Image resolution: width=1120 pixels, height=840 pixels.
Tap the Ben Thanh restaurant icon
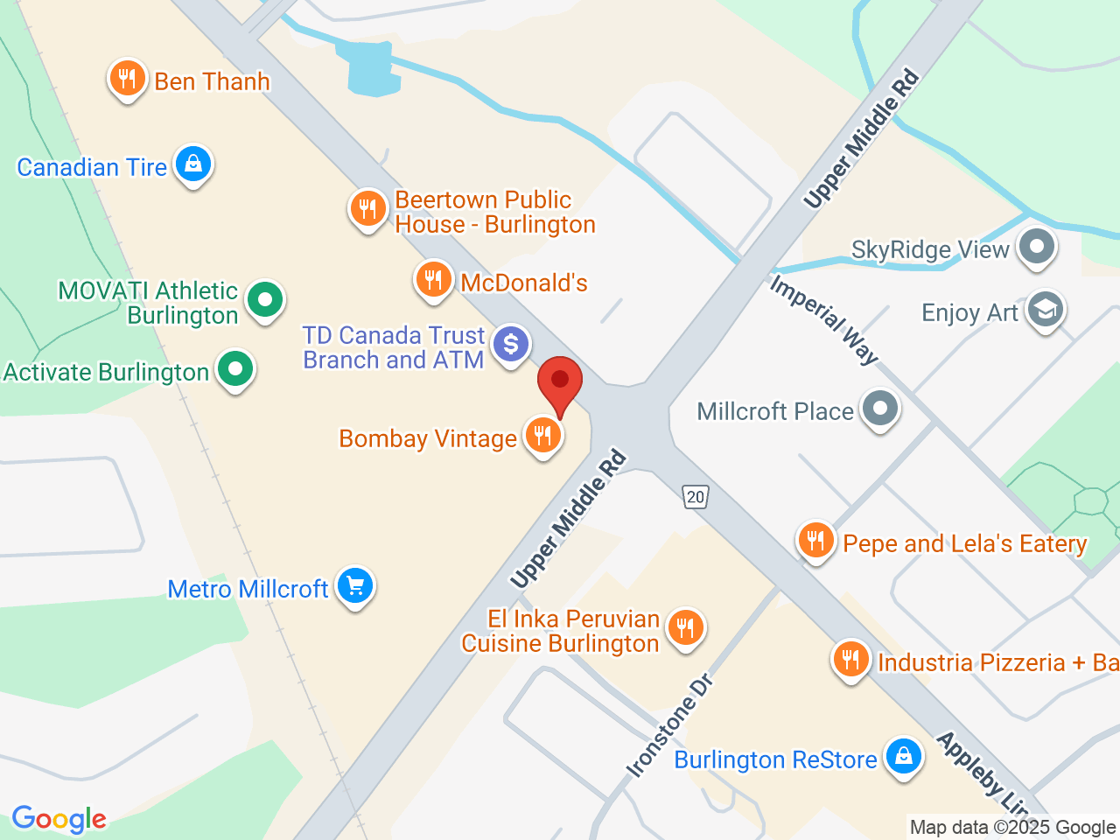[128, 80]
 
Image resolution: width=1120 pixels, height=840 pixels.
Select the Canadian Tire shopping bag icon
[193, 164]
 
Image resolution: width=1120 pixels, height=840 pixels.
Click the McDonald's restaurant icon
[433, 281]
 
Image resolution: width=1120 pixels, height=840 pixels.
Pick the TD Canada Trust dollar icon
[511, 344]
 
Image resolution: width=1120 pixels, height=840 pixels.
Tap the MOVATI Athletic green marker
[264, 301]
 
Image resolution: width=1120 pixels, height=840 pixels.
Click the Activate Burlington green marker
[234, 370]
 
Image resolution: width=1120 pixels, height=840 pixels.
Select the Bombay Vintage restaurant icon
[543, 436]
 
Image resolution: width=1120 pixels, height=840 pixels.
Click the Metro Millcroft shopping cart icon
[354, 586]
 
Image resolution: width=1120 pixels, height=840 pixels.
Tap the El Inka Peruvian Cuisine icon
[685, 627]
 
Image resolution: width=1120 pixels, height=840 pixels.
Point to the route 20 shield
[695, 497]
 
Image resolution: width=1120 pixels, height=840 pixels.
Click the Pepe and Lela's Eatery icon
[815, 541]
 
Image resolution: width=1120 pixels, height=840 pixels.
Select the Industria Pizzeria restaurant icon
[850, 660]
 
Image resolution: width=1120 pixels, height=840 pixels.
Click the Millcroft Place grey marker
[879, 409]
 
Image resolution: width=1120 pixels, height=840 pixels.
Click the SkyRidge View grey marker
[1036, 247]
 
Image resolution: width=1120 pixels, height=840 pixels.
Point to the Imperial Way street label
[823, 319]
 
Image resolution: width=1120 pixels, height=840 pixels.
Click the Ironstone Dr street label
[670, 726]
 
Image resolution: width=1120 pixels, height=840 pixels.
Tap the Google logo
[59, 820]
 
